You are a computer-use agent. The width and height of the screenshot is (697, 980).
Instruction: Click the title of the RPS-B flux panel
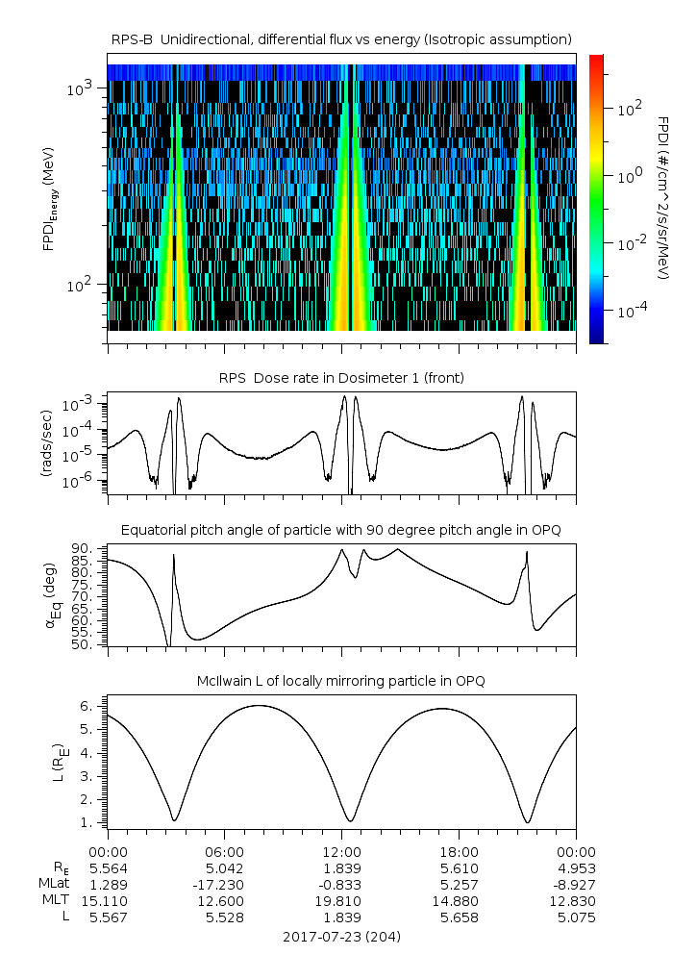[341, 38]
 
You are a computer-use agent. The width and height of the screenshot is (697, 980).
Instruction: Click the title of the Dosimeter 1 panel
[341, 378]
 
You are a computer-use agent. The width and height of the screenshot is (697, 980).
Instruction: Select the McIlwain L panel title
[341, 681]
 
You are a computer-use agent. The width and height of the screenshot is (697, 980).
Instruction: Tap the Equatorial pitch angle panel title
[341, 530]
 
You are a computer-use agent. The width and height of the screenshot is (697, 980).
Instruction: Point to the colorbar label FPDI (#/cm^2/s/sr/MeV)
[663, 198]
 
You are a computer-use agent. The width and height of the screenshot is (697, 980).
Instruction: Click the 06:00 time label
[224, 852]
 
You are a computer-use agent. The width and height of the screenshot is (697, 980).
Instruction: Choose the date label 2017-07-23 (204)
[341, 937]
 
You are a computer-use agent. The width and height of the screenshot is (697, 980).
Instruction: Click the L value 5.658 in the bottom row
[459, 917]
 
